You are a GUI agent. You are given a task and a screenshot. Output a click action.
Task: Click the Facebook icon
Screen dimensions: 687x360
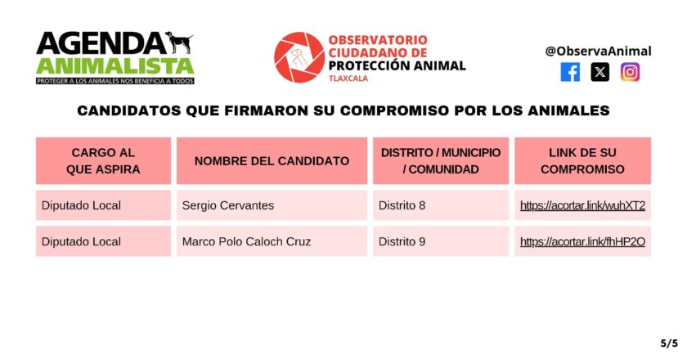(570, 72)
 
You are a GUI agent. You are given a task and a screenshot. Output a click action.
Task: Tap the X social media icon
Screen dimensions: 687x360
(599, 72)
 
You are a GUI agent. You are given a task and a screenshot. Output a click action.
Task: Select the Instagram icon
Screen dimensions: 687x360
(630, 72)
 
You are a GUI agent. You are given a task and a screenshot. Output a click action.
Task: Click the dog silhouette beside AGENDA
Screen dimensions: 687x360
(180, 43)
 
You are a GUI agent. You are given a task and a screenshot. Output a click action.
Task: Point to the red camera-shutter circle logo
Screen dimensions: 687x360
(299, 57)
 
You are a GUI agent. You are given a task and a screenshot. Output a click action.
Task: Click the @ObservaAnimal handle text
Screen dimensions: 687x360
(598, 51)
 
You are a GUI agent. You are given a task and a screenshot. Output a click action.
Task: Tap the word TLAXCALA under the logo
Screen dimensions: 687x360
(348, 79)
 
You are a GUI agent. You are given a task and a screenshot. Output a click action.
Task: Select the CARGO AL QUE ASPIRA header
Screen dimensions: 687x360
(103, 161)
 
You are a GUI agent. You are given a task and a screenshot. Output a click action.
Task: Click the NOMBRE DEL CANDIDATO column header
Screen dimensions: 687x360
(272, 161)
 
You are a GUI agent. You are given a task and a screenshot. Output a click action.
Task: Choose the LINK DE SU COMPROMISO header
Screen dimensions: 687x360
(582, 161)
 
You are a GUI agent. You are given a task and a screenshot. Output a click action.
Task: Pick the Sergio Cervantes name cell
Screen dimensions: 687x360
(272, 205)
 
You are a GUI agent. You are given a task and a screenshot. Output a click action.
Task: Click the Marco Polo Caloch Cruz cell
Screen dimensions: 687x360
(272, 241)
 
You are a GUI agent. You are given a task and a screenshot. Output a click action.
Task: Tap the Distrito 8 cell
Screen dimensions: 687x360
(441, 205)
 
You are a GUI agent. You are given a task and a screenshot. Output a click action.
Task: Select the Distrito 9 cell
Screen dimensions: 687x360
(441, 241)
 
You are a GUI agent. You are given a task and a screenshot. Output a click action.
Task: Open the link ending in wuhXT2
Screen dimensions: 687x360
(582, 205)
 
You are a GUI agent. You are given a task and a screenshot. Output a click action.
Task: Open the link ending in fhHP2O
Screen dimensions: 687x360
(582, 241)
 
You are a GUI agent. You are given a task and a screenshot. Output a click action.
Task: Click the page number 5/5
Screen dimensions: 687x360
(669, 344)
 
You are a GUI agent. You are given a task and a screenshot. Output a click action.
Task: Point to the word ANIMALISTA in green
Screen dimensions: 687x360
(115, 65)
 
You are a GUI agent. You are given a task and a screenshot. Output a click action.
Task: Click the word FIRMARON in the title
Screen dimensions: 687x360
(267, 110)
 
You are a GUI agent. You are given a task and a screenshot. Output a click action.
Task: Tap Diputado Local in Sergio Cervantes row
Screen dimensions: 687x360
(81, 205)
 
